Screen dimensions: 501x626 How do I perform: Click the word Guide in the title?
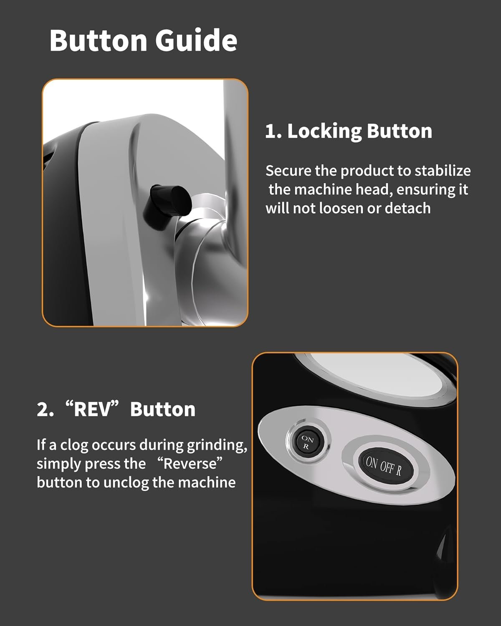196,40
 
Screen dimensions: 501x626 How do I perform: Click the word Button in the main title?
98,40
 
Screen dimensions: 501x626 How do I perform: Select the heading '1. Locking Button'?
349,132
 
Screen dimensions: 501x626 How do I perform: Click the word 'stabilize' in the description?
443,171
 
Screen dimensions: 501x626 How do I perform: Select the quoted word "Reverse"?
190,463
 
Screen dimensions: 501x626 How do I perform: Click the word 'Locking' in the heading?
324,132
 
